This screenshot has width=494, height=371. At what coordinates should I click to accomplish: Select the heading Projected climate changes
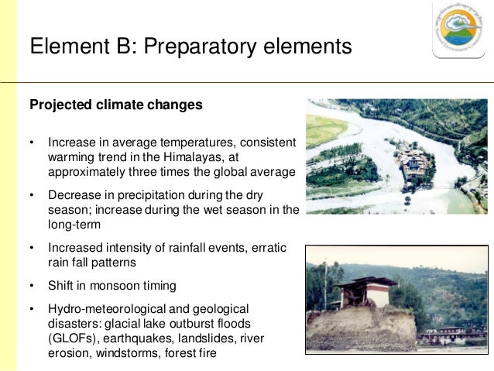click(x=115, y=105)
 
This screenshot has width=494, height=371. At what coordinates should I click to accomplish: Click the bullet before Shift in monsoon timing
click(x=32, y=285)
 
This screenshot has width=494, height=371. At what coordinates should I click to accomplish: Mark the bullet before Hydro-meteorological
click(x=32, y=310)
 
